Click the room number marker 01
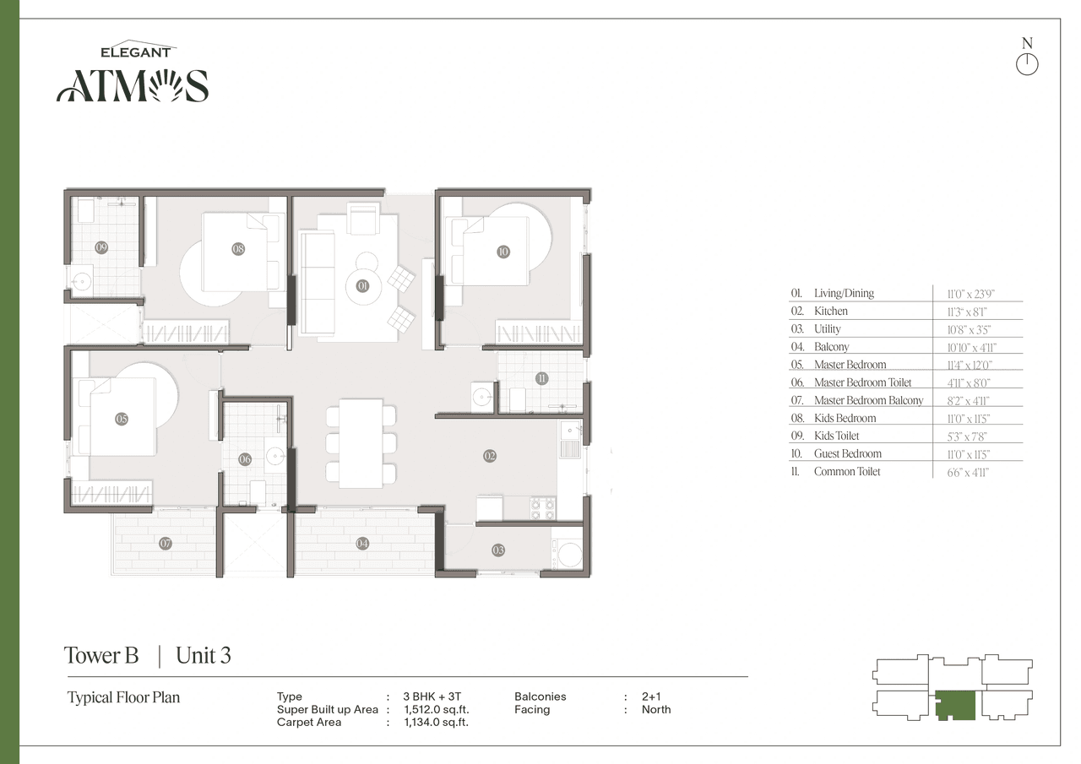pyautogui.click(x=363, y=286)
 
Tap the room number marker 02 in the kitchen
pyautogui.click(x=490, y=456)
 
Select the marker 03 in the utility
pyautogui.click(x=498, y=550)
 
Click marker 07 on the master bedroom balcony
pyautogui.click(x=166, y=544)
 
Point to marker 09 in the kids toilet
pyautogui.click(x=101, y=247)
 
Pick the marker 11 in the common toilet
pyautogui.click(x=541, y=378)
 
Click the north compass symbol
pyautogui.click(x=1027, y=63)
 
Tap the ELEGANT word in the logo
pyautogui.click(x=136, y=52)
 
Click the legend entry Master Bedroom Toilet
pyautogui.click(x=862, y=382)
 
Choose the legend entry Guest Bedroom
pyautogui.click(x=847, y=453)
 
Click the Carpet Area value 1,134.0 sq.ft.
pyautogui.click(x=436, y=723)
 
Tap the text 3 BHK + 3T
pyautogui.click(x=432, y=696)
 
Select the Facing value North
pyautogui.click(x=656, y=710)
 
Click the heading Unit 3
pyautogui.click(x=204, y=655)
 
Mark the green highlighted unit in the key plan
pyautogui.click(x=955, y=704)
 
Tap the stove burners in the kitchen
pyautogui.click(x=541, y=508)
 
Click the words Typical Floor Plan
pyautogui.click(x=123, y=697)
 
